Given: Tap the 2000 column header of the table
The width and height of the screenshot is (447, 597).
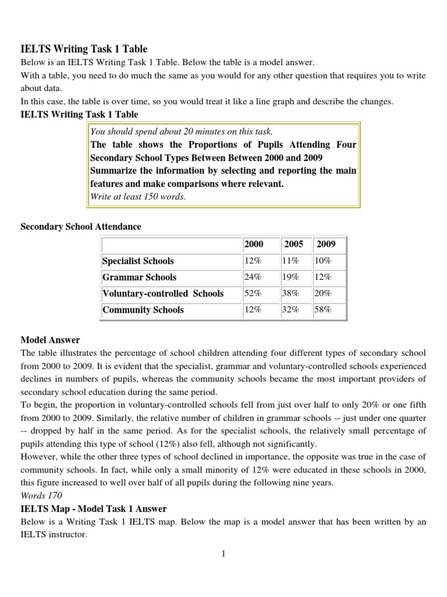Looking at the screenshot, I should click(x=254, y=245).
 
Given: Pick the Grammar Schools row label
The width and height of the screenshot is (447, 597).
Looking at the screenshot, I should click(x=140, y=278).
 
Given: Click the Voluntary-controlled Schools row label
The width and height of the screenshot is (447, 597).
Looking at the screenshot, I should click(x=163, y=294).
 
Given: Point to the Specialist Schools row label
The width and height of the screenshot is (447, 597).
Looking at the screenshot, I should click(x=138, y=261).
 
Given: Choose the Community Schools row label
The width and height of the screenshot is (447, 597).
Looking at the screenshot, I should click(x=143, y=310).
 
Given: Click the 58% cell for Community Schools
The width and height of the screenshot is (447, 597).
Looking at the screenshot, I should click(x=323, y=310).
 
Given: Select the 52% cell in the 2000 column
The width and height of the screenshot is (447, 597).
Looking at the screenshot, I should click(x=253, y=294).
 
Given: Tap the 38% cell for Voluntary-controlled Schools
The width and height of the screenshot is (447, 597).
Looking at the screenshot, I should click(x=291, y=294).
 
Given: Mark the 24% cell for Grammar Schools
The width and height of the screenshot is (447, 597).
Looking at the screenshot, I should click(x=253, y=278).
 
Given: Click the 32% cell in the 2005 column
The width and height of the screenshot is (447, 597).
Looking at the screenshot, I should click(x=291, y=310).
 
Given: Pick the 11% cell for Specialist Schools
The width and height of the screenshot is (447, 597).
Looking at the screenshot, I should click(x=291, y=261).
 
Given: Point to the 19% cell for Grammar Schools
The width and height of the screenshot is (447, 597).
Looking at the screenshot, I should click(x=291, y=278).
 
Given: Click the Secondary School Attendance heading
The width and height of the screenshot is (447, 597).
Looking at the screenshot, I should click(x=81, y=226).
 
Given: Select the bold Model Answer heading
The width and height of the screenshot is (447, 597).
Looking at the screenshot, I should click(x=51, y=340).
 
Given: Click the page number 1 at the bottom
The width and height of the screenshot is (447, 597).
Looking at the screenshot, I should click(x=223, y=554).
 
